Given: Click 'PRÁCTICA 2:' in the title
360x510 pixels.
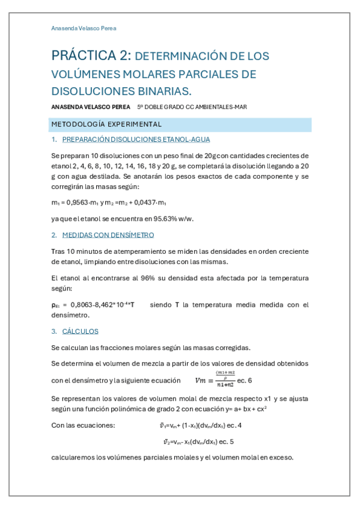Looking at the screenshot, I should (x=91, y=56).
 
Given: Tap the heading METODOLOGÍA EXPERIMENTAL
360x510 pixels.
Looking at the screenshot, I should (x=106, y=124).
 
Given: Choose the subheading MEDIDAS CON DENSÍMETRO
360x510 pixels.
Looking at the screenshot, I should (x=108, y=235).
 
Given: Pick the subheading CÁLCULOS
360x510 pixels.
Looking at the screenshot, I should (x=81, y=331).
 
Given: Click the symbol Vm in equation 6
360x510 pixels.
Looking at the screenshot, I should (x=201, y=380).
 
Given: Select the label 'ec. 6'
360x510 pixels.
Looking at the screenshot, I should (x=245, y=380).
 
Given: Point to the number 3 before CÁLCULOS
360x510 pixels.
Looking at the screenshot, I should (x=53, y=331).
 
